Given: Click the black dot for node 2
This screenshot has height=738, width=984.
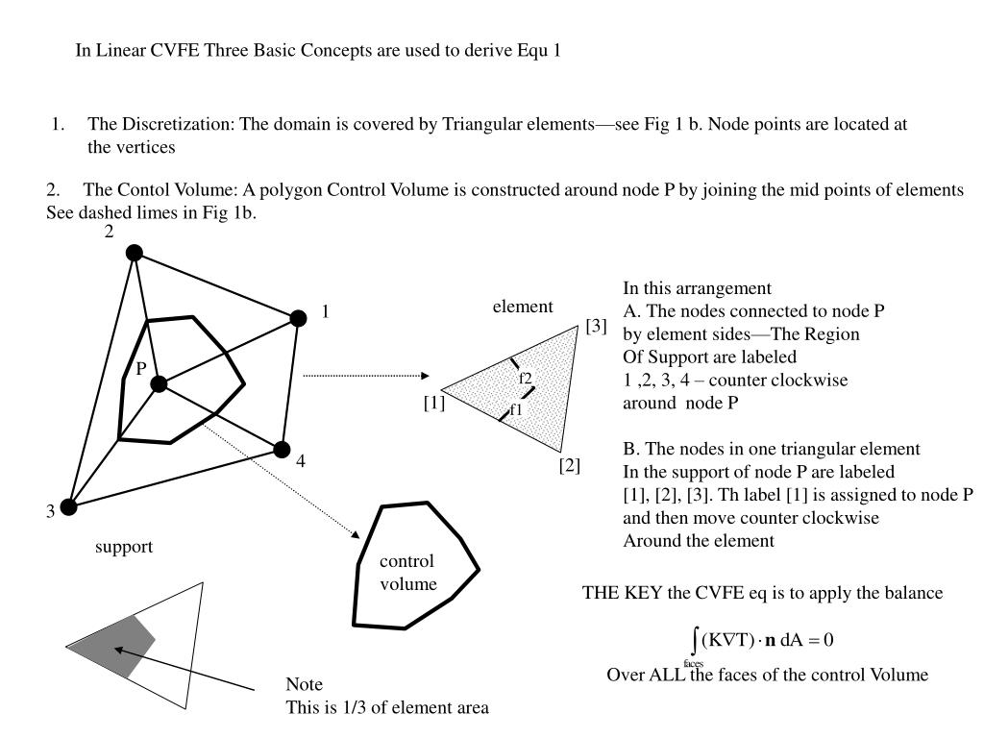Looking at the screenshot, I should pos(135,253).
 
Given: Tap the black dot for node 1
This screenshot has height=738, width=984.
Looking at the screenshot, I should pos(299,318).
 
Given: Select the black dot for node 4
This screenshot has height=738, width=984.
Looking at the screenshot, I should pos(282,449).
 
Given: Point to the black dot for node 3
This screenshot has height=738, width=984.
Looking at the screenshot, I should pos(69,506).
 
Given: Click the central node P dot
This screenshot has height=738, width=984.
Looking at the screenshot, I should pos(160,384).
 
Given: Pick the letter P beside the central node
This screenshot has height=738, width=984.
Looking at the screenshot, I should pos(140,369).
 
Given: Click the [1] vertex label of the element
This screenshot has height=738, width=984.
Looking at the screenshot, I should pos(433,404).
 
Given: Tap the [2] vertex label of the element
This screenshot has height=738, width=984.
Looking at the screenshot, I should pos(570,466).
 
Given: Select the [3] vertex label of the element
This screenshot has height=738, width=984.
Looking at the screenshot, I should pos(596,326).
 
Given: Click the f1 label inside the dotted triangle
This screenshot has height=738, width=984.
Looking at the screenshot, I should pos(516,409).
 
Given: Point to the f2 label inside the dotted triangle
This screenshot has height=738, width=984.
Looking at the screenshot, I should pos(526,378).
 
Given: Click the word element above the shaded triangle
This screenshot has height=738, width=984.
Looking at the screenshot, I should pos(523,307).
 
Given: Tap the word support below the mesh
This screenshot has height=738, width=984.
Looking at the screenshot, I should pos(124,547).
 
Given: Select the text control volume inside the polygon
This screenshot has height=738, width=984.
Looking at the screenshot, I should pos(407,573).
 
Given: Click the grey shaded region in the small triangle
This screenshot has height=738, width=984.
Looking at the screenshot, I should pos(120,645).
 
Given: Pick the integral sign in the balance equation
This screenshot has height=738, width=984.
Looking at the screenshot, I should pos(694,640).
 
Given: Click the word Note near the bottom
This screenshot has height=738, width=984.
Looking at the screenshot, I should pos(304,685).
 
